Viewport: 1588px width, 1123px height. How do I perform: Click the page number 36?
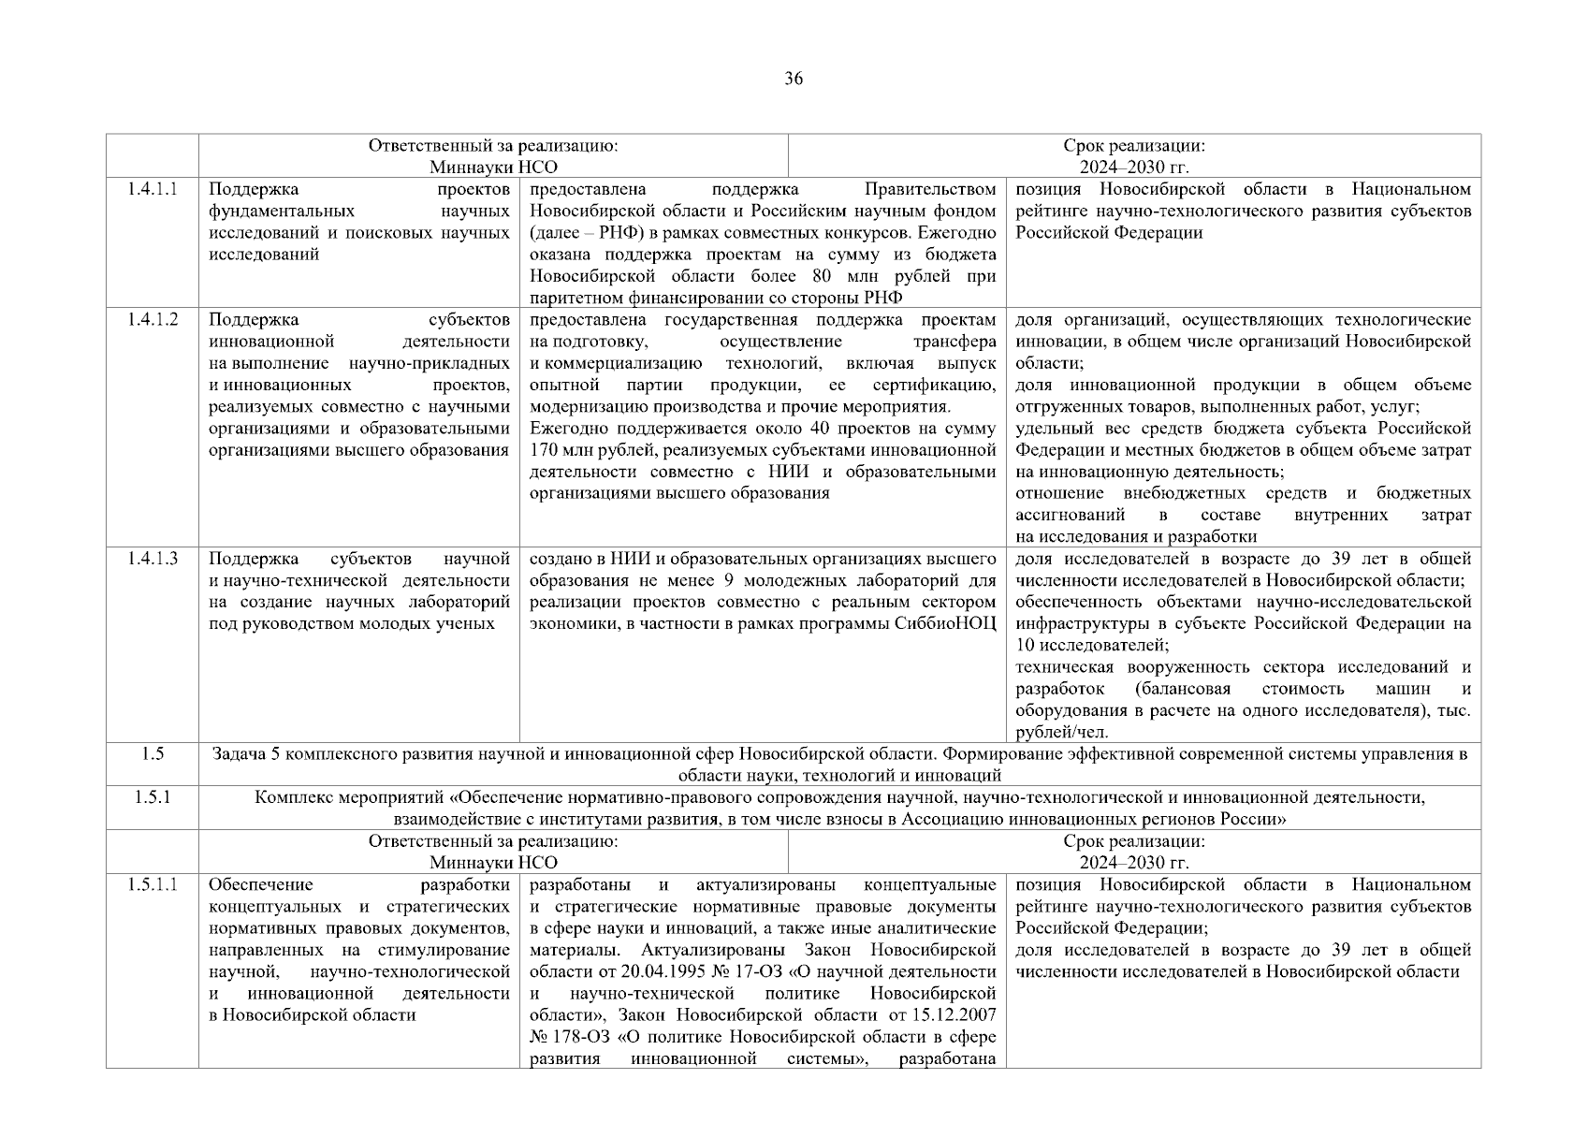[793, 79]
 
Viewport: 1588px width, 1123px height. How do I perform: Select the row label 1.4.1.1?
[152, 189]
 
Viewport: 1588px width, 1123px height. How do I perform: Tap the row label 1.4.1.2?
[152, 320]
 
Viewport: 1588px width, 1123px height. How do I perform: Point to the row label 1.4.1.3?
[152, 560]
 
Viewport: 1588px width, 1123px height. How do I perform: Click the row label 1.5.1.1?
[152, 885]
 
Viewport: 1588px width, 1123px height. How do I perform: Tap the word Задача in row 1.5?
[239, 754]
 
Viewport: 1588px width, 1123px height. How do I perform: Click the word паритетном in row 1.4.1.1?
[571, 299]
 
